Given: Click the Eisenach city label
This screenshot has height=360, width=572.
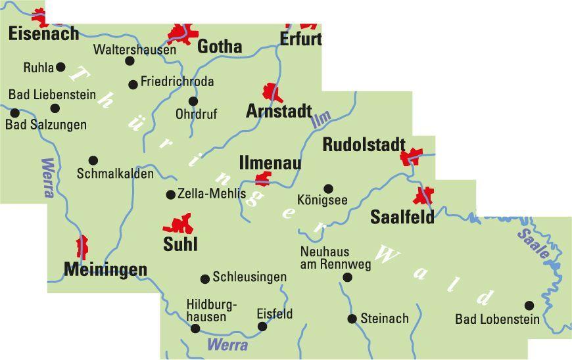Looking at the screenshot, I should (43, 34).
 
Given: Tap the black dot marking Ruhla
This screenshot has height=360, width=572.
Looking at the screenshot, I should (60, 67).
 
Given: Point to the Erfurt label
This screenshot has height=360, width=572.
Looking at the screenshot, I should (300, 39).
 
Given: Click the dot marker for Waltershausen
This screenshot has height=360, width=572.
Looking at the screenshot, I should (130, 61).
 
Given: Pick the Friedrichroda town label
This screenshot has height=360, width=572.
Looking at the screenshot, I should (177, 82).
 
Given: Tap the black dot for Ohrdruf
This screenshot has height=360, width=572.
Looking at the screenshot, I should (193, 101).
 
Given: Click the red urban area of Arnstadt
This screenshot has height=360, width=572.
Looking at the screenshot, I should (272, 93).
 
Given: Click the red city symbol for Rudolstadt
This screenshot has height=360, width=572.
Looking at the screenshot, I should (412, 157).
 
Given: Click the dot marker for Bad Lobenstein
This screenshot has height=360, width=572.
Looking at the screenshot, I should (529, 305).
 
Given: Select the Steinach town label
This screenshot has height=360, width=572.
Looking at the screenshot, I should (385, 319).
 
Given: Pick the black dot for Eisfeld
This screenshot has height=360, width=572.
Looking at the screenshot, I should (262, 326).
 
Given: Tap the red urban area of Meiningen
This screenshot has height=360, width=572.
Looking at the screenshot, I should (82, 247).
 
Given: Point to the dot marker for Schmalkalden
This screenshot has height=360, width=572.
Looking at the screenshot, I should (93, 160).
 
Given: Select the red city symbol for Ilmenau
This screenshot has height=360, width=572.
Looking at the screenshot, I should (263, 178).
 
